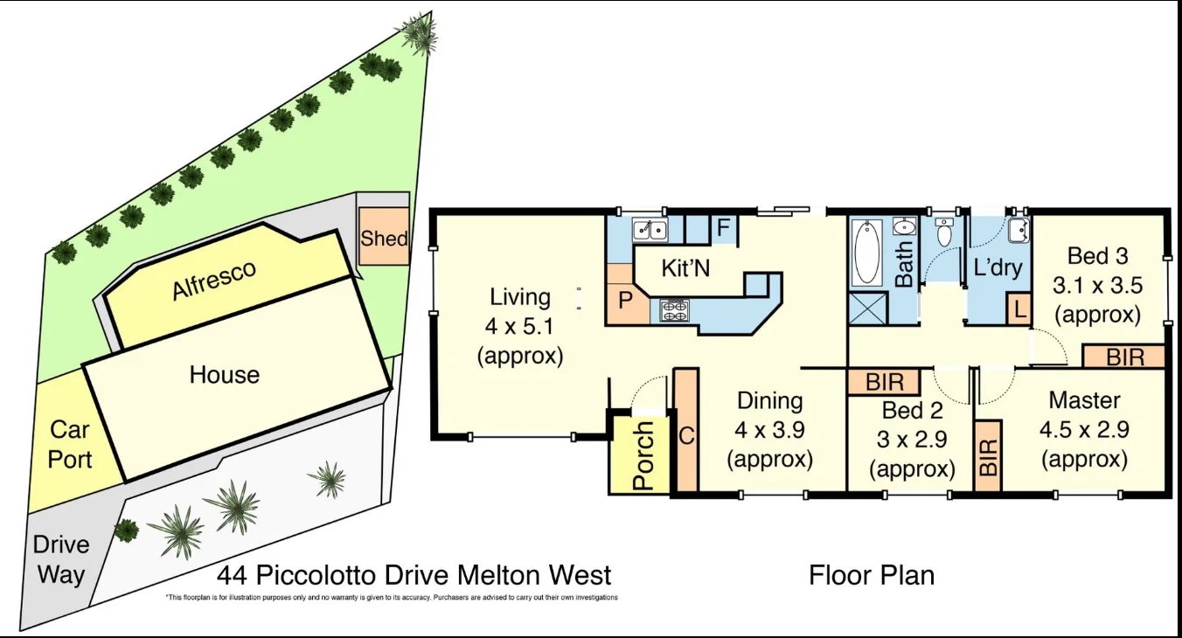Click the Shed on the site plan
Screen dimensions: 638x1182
[x=384, y=237]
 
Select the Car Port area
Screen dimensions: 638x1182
[x=69, y=444]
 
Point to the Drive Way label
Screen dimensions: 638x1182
[x=61, y=559]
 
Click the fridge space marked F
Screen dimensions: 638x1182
[x=724, y=229]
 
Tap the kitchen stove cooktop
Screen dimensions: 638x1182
[x=674, y=309]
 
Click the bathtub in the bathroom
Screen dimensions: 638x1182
[x=866, y=253]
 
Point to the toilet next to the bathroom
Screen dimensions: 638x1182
[x=943, y=234]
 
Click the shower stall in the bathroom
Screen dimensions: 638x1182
[x=868, y=309]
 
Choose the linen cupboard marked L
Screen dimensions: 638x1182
[x=1019, y=310]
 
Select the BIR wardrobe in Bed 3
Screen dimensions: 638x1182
[x=1123, y=357]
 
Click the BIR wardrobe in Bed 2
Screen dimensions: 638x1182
[x=884, y=383]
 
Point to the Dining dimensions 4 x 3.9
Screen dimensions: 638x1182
[x=769, y=429]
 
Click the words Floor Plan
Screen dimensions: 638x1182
[x=871, y=575]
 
